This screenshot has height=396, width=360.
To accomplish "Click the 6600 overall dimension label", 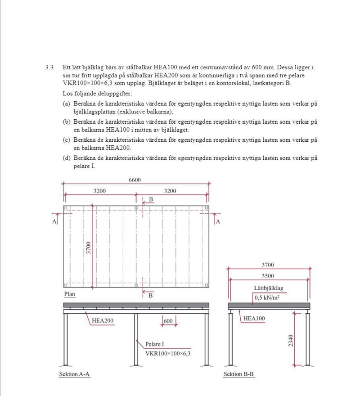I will click(135, 180).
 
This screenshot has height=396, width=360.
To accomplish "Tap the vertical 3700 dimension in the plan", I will click(89, 248).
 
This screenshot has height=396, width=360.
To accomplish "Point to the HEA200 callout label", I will click(102, 321).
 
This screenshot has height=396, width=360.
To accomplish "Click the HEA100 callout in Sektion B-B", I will click(254, 318).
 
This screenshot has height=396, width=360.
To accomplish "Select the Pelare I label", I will click(154, 344).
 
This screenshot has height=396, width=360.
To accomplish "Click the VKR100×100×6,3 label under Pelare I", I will click(168, 354).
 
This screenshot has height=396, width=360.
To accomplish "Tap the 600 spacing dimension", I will click(168, 321).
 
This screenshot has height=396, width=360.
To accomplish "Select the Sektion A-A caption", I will click(75, 374).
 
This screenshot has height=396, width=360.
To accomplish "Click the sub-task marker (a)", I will click(66, 103).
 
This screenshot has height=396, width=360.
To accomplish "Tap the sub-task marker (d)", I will click(66, 158).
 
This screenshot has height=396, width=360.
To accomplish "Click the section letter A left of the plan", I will click(54, 222).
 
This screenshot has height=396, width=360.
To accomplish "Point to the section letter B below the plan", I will click(151, 296).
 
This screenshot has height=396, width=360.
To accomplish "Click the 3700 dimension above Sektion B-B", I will click(268, 265).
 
